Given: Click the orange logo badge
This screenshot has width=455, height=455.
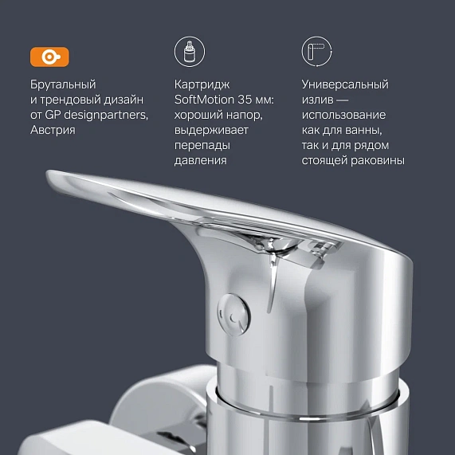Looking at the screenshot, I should pyautogui.click(x=49, y=57).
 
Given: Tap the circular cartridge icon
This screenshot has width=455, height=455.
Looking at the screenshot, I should pyautogui.click(x=189, y=53).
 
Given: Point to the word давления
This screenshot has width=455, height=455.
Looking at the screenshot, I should pyautogui.click(x=200, y=160).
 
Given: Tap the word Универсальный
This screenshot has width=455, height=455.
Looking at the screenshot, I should pyautogui.click(x=345, y=84).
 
